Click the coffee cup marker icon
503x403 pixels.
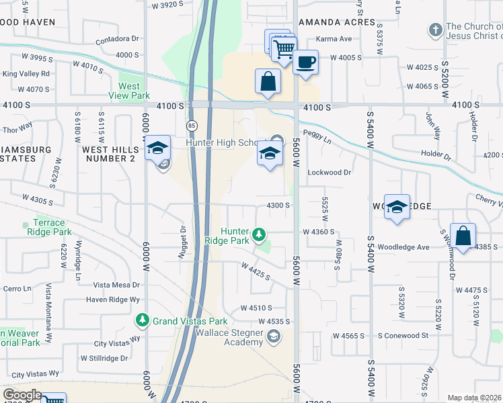306,63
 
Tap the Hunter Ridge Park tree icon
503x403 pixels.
259,235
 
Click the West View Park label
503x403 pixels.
129,91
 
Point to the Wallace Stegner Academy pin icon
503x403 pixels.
274,336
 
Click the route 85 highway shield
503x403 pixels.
191,126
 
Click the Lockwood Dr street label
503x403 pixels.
330,173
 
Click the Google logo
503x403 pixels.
22,395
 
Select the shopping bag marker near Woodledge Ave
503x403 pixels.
463,236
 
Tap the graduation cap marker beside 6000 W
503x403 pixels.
157,148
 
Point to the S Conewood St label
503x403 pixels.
403,335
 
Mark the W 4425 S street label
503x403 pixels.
256,271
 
